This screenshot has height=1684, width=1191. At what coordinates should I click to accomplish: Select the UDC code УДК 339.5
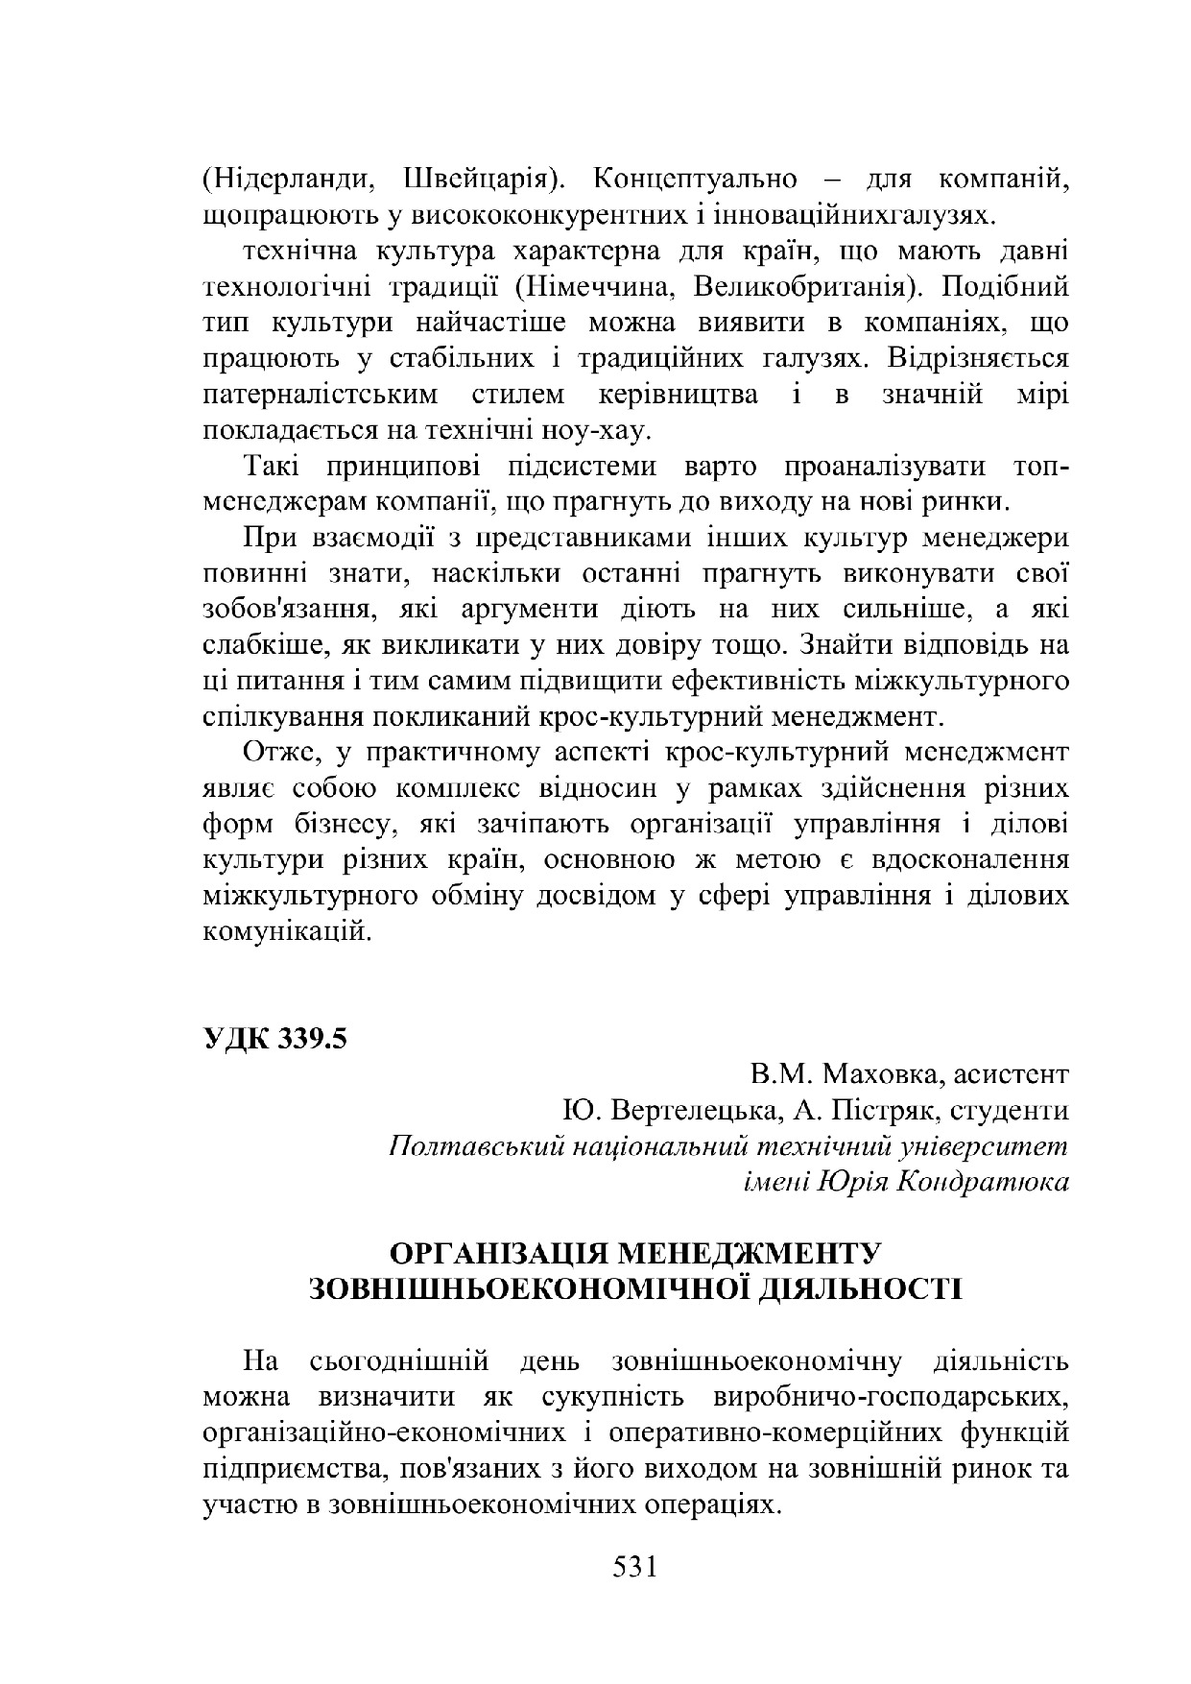pos(274,1039)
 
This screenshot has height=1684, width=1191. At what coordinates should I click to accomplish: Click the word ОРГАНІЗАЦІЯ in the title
pos(501,1254)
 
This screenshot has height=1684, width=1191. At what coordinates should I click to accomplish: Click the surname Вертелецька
pos(689,1111)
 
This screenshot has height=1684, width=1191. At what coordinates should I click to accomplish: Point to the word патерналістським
pos(322,395)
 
